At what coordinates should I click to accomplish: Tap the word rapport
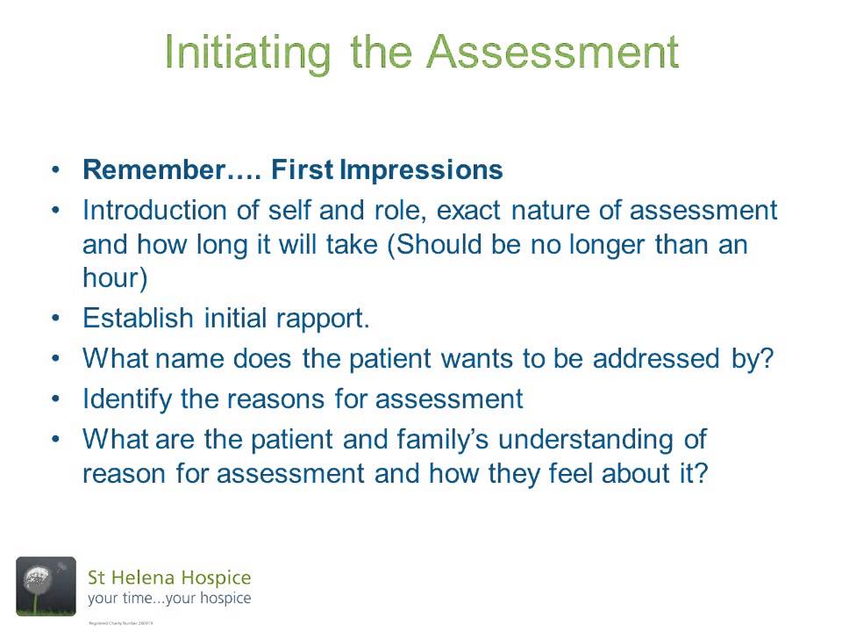click(324, 318)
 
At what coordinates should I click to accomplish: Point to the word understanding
click(603, 438)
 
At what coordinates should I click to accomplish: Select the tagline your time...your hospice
click(168, 599)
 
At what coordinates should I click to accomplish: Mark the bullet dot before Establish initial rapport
click(57, 318)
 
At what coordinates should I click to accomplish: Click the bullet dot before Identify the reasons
click(57, 399)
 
